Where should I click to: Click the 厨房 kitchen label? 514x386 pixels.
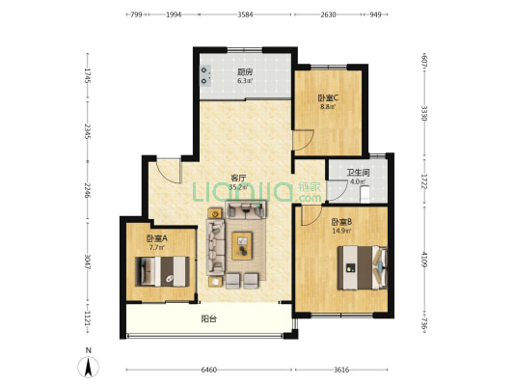[245, 71]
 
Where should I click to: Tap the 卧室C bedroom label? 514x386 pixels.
[328, 97]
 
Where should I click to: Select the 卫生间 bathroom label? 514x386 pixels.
[359, 173]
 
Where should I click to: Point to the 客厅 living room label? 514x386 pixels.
[238, 179]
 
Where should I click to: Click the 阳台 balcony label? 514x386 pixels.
[208, 318]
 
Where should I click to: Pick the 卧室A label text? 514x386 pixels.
[156, 238]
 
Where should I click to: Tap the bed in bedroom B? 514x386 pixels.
[363, 268]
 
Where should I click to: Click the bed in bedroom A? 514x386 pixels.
[162, 271]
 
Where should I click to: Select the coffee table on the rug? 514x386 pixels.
[242, 246]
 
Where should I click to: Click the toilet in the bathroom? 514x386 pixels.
[365, 194]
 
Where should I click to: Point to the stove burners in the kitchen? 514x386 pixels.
[205, 75]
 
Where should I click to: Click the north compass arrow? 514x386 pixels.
[88, 367]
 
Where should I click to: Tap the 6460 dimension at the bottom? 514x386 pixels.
[209, 370]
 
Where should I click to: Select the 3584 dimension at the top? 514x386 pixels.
[245, 14]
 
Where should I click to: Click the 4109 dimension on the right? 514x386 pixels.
[424, 259]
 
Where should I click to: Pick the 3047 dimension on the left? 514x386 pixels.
[87, 262]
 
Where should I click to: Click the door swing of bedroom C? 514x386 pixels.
[303, 140]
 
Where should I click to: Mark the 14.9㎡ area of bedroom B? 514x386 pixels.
[341, 231]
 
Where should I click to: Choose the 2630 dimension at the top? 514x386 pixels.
[328, 14]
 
